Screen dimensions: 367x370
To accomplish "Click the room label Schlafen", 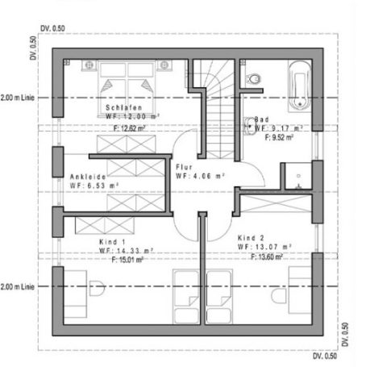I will (123, 107).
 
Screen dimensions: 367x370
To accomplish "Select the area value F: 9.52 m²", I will (279, 137).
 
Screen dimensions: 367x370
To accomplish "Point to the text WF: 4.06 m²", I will (200, 175).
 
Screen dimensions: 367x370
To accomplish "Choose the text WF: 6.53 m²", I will (94, 186).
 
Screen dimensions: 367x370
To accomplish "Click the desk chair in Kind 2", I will (279, 296).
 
